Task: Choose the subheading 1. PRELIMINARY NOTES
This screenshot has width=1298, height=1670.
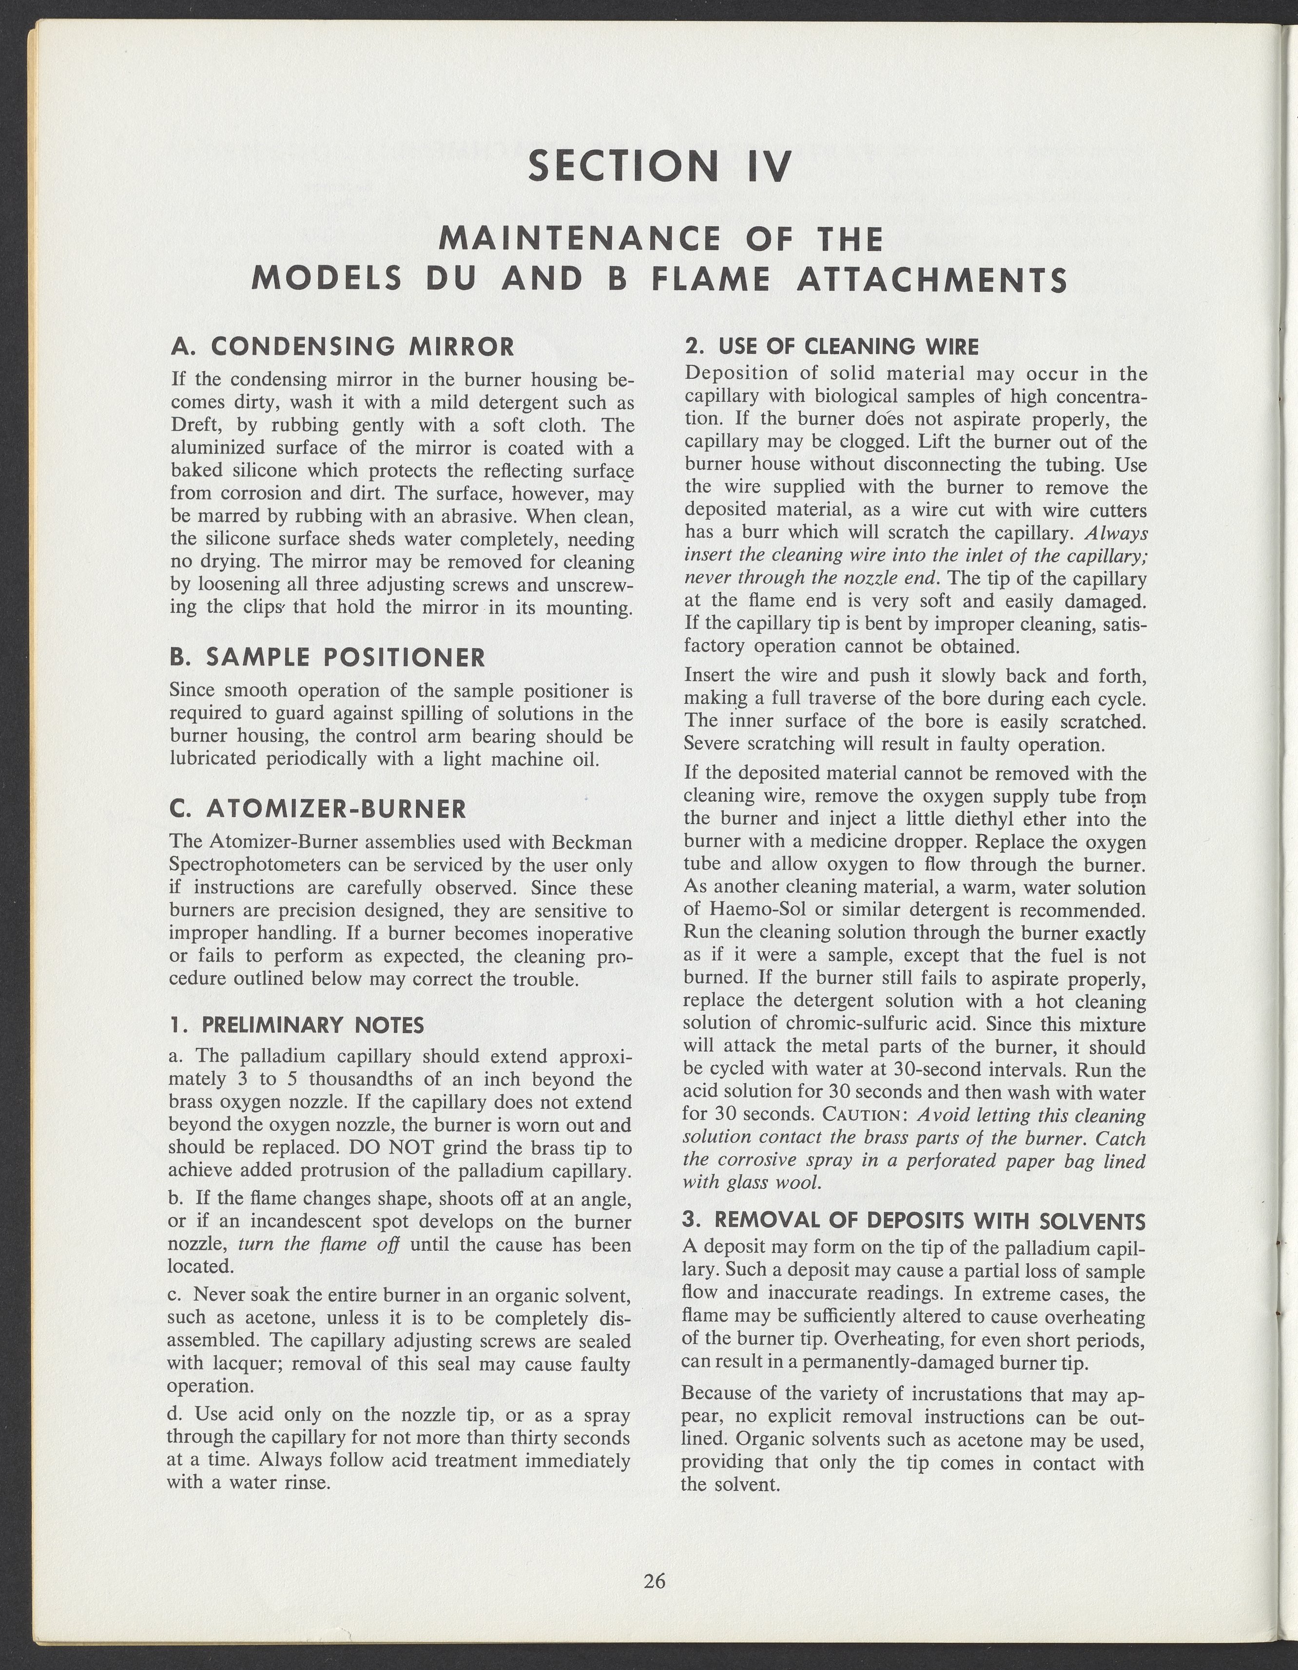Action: pyautogui.click(x=296, y=1025)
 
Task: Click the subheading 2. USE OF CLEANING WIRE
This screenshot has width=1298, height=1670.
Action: pyautogui.click(x=832, y=347)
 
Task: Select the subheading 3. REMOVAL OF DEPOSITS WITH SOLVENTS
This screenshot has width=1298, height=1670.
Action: pyautogui.click(x=913, y=1220)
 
